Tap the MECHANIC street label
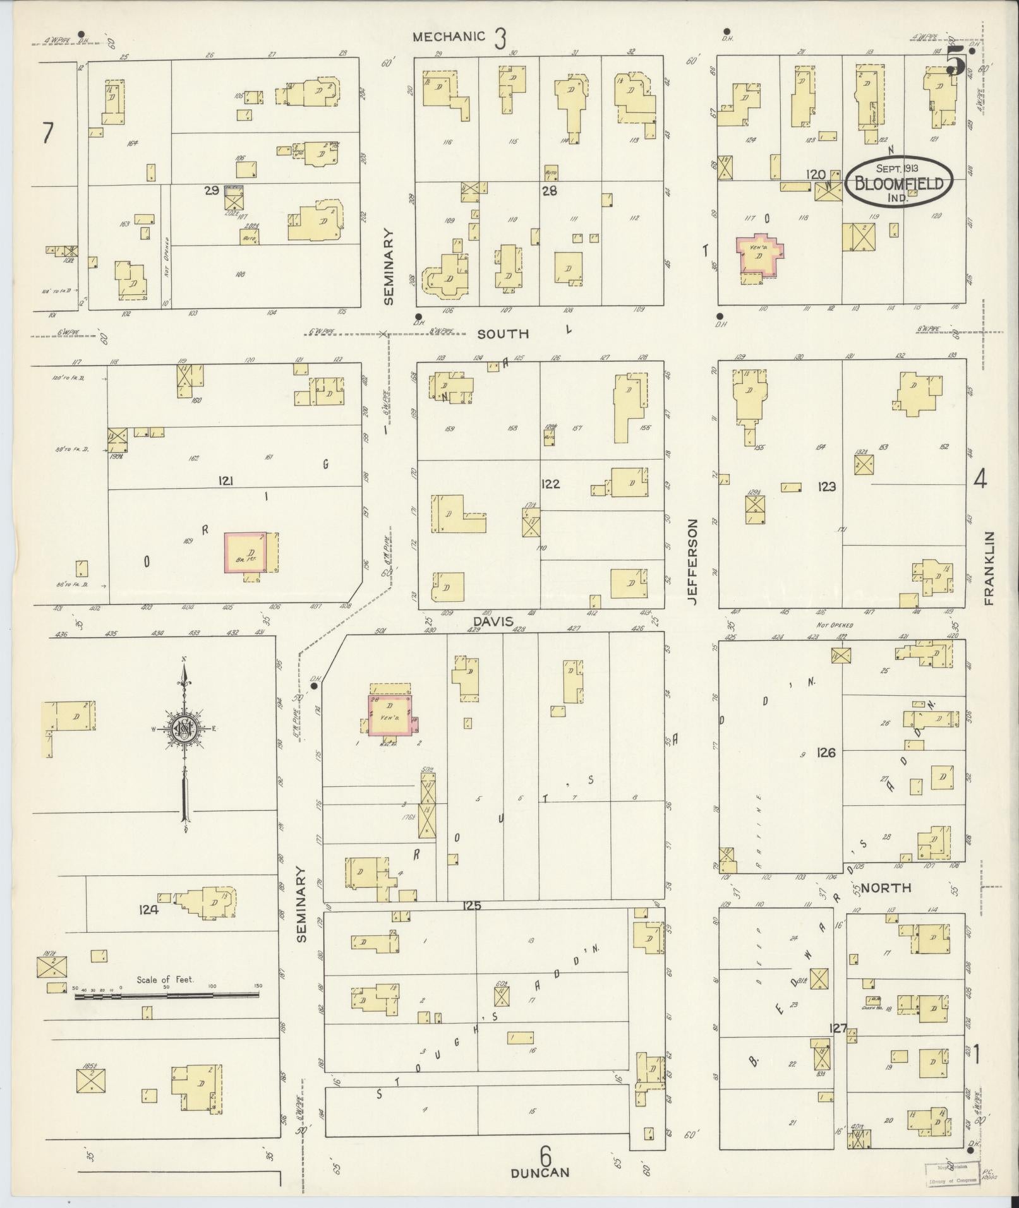coord(449,37)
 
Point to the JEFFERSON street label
coord(693,562)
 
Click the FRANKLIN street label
coord(989,568)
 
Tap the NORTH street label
coord(886,888)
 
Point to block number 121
coord(226,481)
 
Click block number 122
coord(550,484)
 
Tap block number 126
coord(826,752)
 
